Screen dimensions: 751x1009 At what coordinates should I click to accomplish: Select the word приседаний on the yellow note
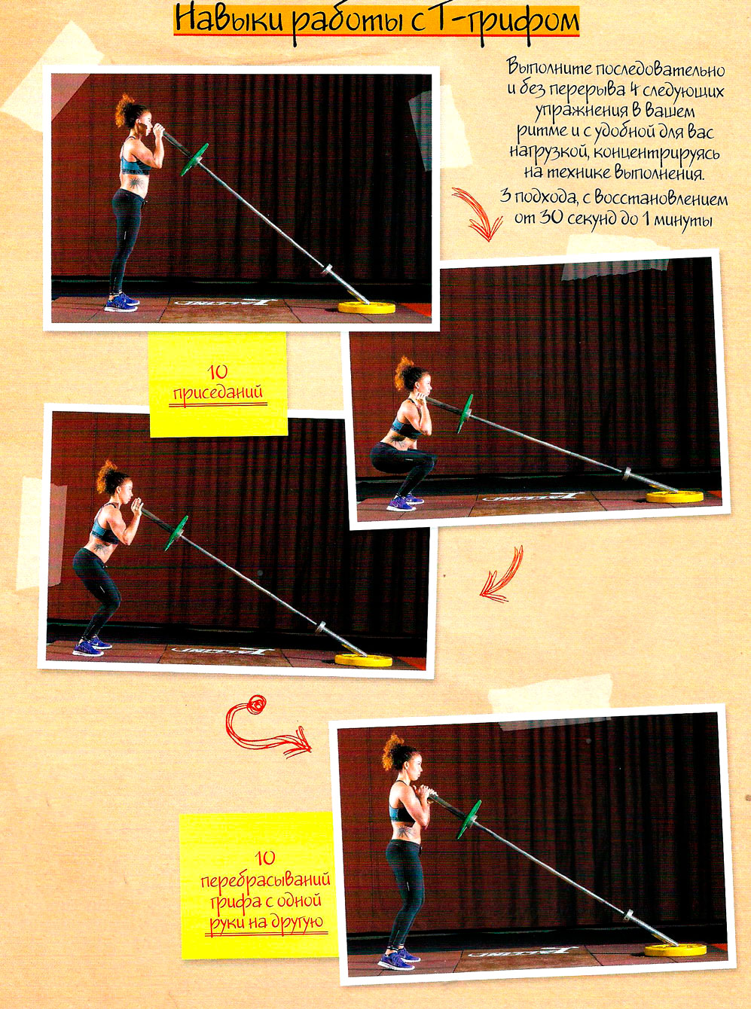pos(218,392)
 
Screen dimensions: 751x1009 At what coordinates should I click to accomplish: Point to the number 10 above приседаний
pos(218,373)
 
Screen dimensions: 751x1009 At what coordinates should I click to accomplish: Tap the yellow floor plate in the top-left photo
pos(367,307)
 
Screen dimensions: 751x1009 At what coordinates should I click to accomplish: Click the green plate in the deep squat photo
pos(464,414)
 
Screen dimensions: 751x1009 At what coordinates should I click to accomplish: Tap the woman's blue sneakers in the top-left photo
pos(121,302)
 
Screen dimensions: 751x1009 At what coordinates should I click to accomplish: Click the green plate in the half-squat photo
pos(176,533)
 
